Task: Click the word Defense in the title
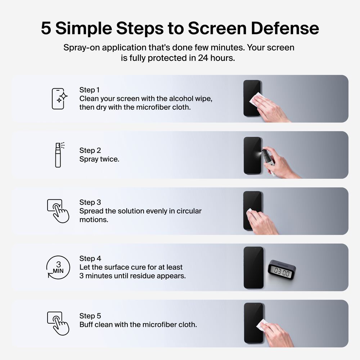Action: coord(285,28)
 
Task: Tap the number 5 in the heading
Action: coord(46,28)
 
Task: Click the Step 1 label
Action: coord(89,90)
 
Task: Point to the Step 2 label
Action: coord(90,150)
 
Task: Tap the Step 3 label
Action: coord(90,202)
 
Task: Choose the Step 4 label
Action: coord(90,258)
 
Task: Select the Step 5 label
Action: coord(90,316)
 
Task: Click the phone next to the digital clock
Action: coord(253,267)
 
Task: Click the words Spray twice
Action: coord(99,159)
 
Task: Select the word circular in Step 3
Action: coord(189,211)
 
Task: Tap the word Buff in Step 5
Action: coord(87,325)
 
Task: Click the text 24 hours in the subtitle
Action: coord(216,58)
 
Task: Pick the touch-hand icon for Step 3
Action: coord(58,211)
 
